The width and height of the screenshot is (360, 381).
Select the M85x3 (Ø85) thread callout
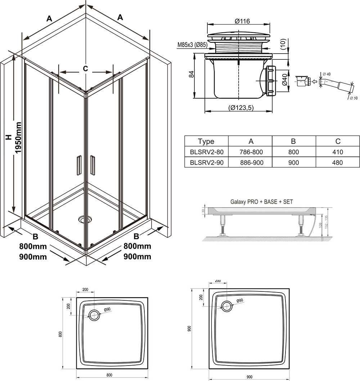[192, 45]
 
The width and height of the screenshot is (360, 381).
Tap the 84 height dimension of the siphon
[192, 74]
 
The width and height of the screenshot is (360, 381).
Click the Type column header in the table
[206, 141]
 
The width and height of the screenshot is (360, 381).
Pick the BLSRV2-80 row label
[206, 152]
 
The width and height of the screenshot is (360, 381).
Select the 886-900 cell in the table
[251, 163]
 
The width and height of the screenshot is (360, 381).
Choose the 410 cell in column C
[338, 152]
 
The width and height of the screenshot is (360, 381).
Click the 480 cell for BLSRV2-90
[338, 163]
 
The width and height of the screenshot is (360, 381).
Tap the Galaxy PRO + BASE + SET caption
[262, 202]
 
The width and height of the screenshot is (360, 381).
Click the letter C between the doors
[85, 69]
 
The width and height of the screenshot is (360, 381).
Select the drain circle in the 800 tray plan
[94, 315]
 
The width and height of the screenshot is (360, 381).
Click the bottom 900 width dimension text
[249, 377]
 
